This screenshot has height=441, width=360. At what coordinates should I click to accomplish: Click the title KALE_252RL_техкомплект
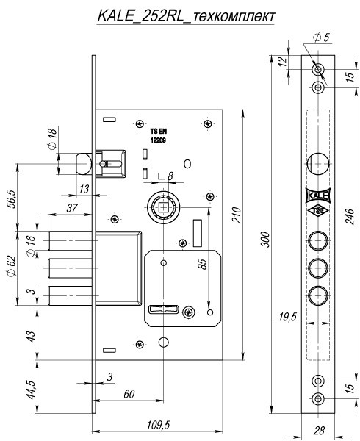tap(186, 16)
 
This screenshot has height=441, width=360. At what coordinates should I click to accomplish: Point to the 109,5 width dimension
tap(158, 425)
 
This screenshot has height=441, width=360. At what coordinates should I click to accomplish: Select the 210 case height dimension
tap(237, 215)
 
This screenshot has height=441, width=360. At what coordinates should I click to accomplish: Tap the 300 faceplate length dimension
tap(265, 239)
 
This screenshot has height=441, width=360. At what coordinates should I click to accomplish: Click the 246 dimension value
tap(350, 216)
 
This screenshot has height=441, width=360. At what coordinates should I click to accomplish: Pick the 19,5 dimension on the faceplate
tap(287, 317)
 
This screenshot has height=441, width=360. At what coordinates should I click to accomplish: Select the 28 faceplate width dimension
tap(319, 430)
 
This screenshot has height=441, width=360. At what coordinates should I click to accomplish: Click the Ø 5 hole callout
tap(321, 37)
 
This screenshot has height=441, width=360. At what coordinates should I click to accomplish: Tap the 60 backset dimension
tap(129, 394)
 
